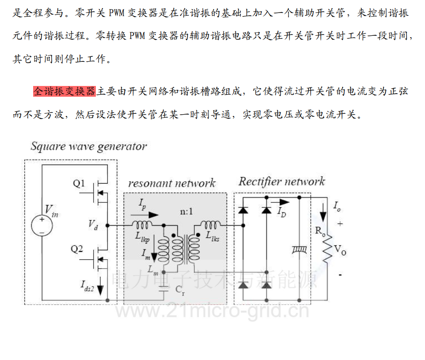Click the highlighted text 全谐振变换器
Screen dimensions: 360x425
[x=64, y=92]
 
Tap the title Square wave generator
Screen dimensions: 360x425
[x=88, y=146]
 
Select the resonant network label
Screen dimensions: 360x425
[x=172, y=183]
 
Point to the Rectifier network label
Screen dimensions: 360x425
[x=281, y=181]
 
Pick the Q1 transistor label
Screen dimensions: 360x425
[x=79, y=184]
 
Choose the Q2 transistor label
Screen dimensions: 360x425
[x=77, y=249]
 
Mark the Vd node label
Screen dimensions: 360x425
[x=93, y=224]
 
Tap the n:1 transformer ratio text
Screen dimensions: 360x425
[x=186, y=211]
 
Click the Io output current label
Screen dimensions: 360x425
[x=337, y=206]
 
